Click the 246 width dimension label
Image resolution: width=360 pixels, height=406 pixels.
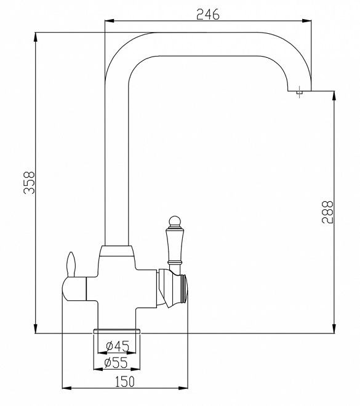[x=208, y=14]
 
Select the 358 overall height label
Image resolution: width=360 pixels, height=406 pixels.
[x=29, y=182]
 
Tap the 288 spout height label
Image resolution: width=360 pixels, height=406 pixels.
[x=327, y=212]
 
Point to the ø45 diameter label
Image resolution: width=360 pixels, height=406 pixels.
[x=118, y=346]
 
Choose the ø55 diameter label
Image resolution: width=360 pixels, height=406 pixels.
[x=116, y=362]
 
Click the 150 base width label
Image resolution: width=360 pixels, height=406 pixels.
[x=124, y=381]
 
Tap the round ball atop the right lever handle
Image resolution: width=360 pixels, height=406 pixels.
[x=175, y=220]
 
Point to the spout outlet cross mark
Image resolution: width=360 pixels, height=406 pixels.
[x=300, y=92]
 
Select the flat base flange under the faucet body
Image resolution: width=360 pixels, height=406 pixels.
[x=116, y=331]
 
